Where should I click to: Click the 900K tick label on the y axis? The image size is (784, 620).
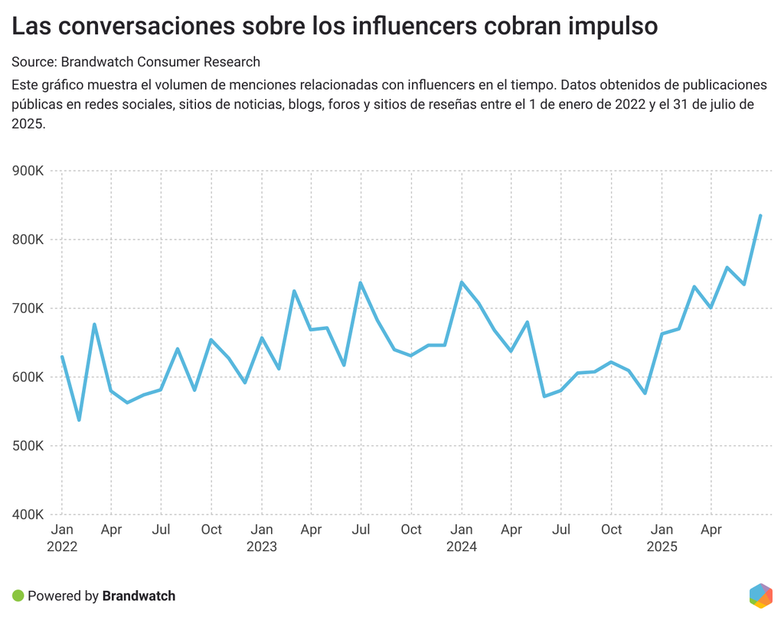pyautogui.click(x=28, y=171)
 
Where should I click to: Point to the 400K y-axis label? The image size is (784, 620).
pyautogui.click(x=28, y=515)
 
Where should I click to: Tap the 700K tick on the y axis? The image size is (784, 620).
pyautogui.click(x=28, y=308)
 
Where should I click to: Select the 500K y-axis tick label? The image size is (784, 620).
pyautogui.click(x=28, y=446)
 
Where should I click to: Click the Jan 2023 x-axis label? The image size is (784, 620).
pyautogui.click(x=262, y=530)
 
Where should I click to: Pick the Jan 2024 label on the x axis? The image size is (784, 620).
pyautogui.click(x=462, y=530)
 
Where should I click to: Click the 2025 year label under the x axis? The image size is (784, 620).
pyautogui.click(x=662, y=547)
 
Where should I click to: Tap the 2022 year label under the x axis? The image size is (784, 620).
pyautogui.click(x=62, y=547)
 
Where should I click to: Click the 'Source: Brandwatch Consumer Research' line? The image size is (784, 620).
pyautogui.click(x=136, y=62)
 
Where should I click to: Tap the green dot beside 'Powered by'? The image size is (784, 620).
pyautogui.click(x=18, y=596)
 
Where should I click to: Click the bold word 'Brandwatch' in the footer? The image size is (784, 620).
pyautogui.click(x=139, y=596)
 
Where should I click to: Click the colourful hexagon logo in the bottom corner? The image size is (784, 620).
pyautogui.click(x=760, y=595)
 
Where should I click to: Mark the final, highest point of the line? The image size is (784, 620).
pyautogui.click(x=760, y=216)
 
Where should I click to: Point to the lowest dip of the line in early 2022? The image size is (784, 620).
pyautogui.click(x=79, y=419)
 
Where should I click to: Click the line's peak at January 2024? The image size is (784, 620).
pyautogui.click(x=461, y=282)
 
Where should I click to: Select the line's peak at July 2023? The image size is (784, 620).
pyautogui.click(x=360, y=282)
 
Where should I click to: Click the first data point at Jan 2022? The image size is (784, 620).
pyautogui.click(x=62, y=357)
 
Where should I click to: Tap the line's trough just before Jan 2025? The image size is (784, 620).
pyautogui.click(x=645, y=393)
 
